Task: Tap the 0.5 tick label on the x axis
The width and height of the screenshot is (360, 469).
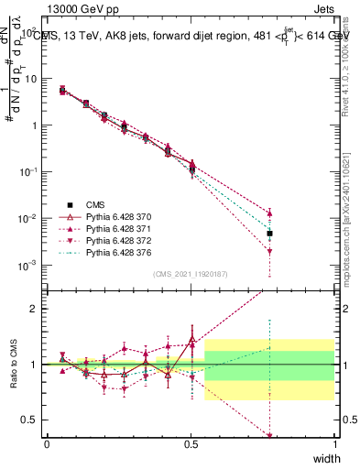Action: (x=191, y=443)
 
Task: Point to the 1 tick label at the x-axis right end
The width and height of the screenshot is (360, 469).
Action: (x=334, y=443)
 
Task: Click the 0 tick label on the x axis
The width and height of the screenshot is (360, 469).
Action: (x=47, y=443)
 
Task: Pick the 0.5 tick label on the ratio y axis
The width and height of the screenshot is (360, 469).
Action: (x=29, y=421)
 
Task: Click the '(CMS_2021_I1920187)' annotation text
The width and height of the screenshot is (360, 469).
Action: (x=190, y=274)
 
